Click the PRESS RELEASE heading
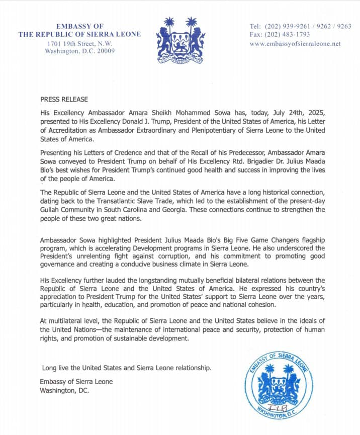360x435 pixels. click(61, 100)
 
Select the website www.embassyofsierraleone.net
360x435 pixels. click(295, 44)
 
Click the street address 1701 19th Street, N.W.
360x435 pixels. click(80, 44)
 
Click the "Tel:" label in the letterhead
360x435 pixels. click(255, 26)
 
